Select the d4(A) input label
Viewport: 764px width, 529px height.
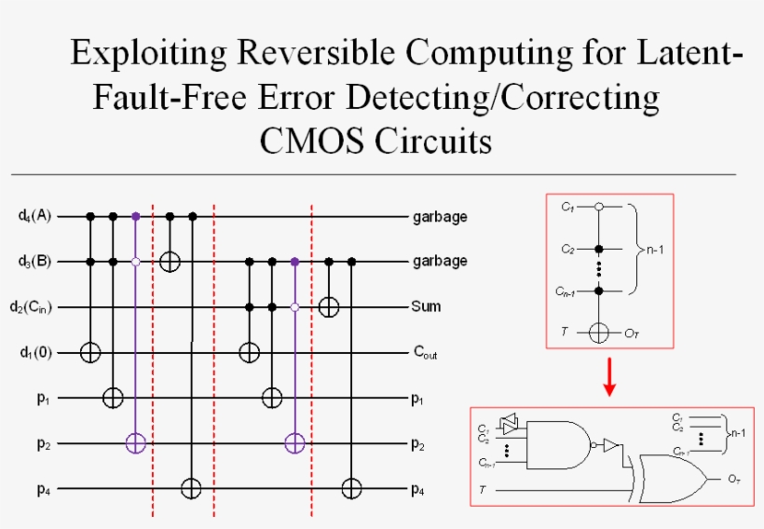(x=34, y=216)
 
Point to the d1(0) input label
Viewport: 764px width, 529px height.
(x=34, y=352)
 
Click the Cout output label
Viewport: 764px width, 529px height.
(x=427, y=353)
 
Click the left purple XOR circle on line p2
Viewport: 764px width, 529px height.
(x=136, y=442)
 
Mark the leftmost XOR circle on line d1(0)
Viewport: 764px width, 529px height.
(x=90, y=352)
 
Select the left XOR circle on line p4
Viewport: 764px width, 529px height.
(x=192, y=487)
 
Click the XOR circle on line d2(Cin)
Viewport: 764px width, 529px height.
(x=328, y=306)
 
